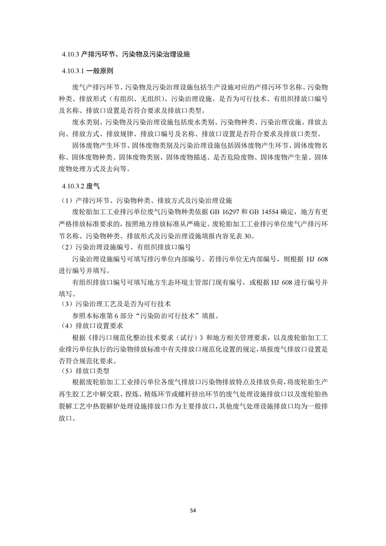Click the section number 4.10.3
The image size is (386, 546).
(x=71, y=55)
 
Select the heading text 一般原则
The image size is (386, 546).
(x=99, y=71)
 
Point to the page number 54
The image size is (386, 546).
(x=193, y=510)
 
